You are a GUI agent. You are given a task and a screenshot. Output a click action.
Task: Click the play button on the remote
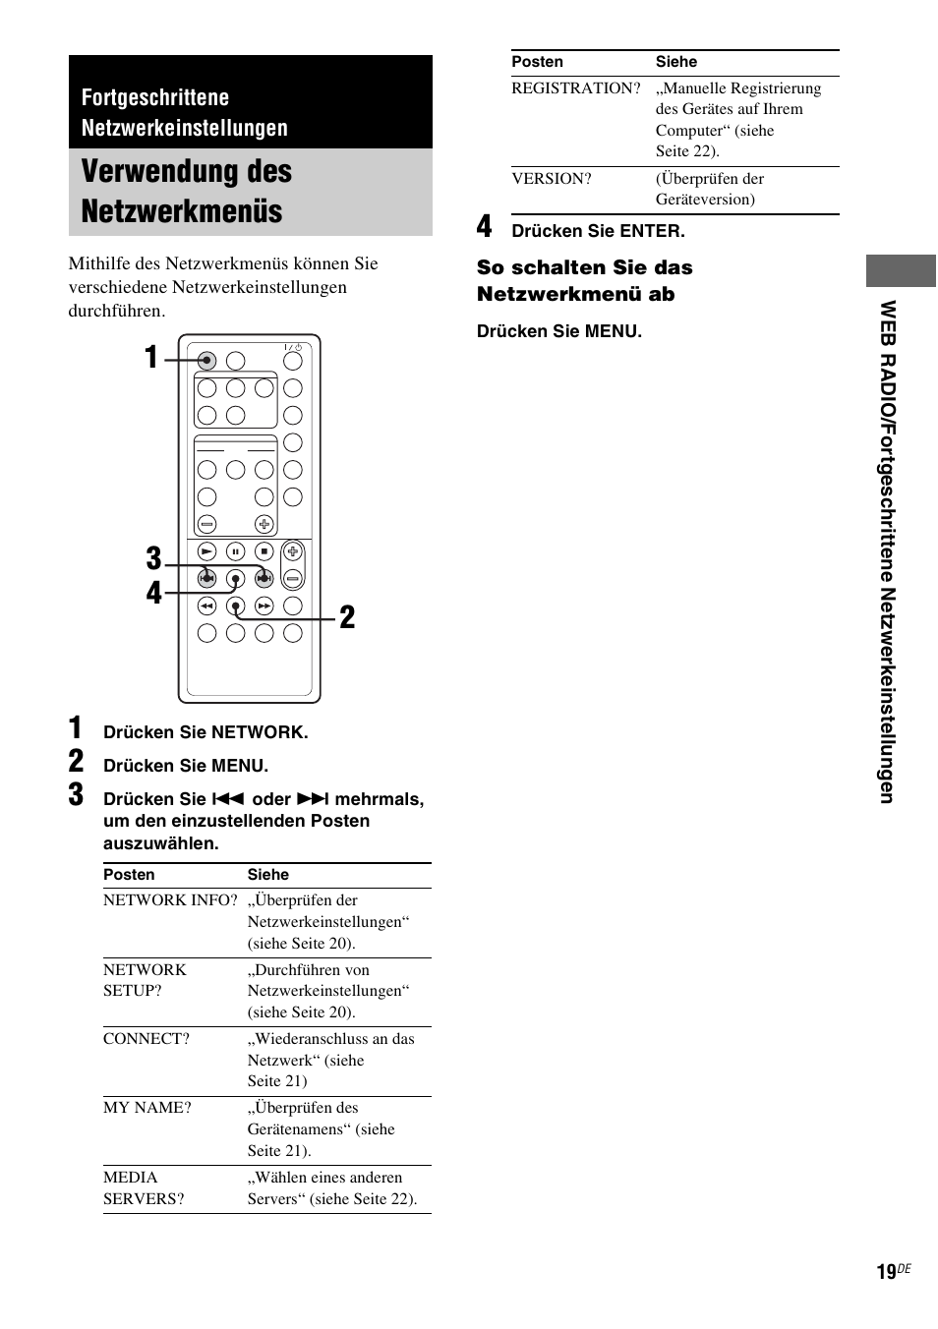[206, 551]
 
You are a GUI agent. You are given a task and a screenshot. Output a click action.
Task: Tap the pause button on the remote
[235, 551]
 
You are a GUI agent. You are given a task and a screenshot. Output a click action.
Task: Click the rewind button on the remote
[206, 607]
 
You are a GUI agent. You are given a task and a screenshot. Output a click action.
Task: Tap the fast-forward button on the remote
[264, 607]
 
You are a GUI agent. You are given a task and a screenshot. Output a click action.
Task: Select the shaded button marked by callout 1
[206, 361]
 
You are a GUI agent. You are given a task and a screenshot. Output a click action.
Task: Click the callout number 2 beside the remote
[347, 617]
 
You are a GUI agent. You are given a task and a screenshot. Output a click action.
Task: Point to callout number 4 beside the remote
[153, 593]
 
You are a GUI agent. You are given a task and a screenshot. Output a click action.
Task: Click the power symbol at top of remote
[293, 347]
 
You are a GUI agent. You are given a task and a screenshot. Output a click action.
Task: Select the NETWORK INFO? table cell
[170, 900]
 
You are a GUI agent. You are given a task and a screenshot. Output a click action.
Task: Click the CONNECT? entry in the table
[147, 1039]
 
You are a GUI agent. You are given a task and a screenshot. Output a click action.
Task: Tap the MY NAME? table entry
[147, 1108]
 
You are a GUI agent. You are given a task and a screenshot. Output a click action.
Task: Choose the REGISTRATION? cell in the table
[576, 88]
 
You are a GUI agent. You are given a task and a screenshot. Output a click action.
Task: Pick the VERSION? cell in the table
[552, 179]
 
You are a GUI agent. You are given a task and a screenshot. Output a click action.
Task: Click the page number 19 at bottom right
[886, 1272]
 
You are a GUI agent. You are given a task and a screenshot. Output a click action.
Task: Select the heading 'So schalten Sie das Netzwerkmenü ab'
[584, 280]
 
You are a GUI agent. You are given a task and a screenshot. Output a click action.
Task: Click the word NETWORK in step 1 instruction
[258, 732]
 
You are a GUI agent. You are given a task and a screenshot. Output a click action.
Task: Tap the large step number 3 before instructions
[77, 795]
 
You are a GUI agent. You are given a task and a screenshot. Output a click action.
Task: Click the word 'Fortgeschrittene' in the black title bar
[155, 97]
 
